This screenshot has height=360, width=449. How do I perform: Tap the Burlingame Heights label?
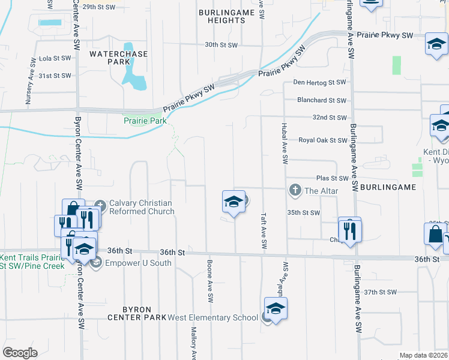point(223,16)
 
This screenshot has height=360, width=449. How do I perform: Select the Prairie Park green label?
point(145,121)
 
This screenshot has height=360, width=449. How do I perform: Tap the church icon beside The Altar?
point(295,191)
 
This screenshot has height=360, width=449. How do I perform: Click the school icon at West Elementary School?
point(276,309)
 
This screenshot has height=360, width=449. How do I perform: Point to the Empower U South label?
point(138,263)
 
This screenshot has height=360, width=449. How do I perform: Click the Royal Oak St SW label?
point(323,140)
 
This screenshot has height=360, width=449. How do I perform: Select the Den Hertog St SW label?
point(320,82)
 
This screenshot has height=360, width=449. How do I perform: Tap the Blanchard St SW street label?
point(321,100)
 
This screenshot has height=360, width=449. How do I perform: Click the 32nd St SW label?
point(330,118)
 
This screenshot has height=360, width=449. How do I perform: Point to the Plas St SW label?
point(333,178)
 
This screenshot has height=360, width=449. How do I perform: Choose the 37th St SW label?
point(381,292)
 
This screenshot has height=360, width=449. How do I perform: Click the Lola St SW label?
point(55,59)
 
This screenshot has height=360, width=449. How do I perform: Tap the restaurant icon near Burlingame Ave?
point(349,230)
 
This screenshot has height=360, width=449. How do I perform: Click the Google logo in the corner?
point(20,353)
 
